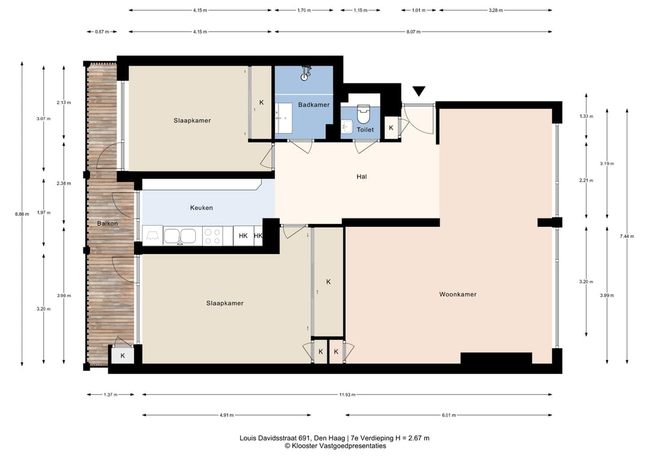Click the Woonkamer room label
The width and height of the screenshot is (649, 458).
tap(458, 294)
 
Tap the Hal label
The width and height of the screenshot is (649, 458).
tap(362, 176)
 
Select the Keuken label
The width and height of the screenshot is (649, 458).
tap(201, 208)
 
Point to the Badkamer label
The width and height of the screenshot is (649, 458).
tap(314, 104)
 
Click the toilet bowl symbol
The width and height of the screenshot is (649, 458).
tap(363, 113)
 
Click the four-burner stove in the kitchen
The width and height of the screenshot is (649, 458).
tap(212, 236)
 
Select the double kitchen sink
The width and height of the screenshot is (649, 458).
tap(180, 236)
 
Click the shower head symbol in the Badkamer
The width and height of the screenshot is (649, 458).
tap(305, 73)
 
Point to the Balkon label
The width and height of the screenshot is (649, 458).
tap(108, 223)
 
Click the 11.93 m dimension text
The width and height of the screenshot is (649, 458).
tap(347, 394)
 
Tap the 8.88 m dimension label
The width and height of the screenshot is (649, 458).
tap(22, 214)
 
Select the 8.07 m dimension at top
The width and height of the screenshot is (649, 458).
tap(413, 31)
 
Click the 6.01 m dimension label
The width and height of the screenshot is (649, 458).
tap(449, 415)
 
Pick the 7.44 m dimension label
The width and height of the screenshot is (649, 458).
tap(627, 236)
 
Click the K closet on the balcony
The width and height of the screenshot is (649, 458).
tap(123, 355)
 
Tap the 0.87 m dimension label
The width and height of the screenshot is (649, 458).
tap(102, 31)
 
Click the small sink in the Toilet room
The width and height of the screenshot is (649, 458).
tap(347, 127)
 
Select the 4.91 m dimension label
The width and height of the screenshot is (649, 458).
tap(227, 415)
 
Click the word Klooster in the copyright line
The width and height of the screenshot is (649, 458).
tap(303, 445)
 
